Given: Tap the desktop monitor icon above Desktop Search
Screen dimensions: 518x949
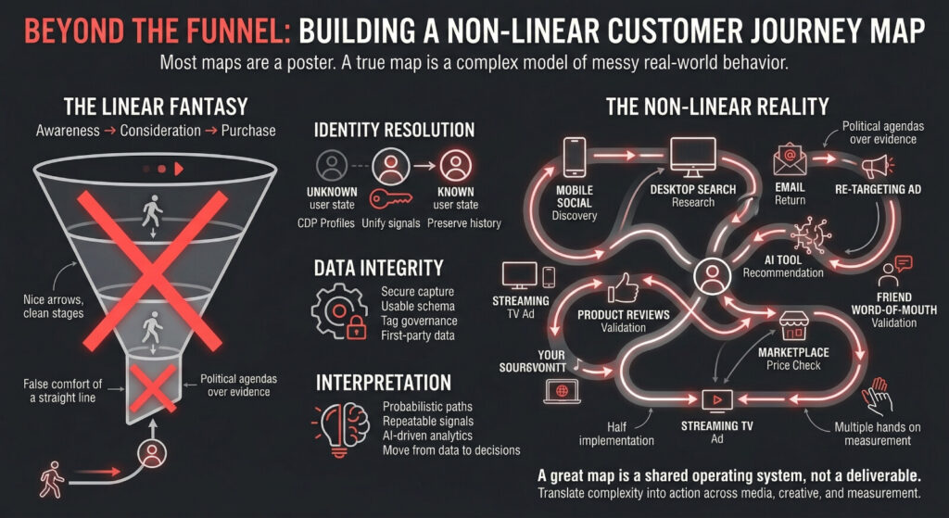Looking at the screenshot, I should click(x=693, y=158).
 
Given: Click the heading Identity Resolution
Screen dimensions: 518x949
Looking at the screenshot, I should click(x=395, y=130).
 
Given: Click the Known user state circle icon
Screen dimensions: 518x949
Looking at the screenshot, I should click(x=454, y=167).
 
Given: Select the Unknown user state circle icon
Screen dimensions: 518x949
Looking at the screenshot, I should click(x=331, y=167).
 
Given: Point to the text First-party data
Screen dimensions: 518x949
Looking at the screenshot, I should click(x=417, y=335).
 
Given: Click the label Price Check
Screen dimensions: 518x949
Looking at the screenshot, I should click(x=792, y=366).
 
